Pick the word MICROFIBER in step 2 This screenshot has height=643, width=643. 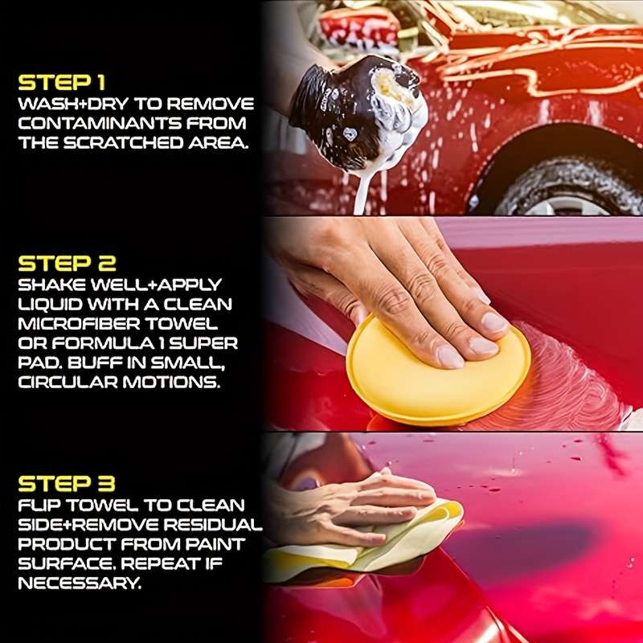pyautogui.click(x=80, y=323)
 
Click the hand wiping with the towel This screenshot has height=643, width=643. pyautogui.click(x=354, y=506)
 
